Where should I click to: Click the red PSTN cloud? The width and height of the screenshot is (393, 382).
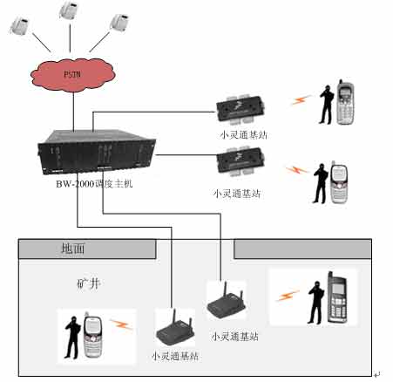[x=72, y=75]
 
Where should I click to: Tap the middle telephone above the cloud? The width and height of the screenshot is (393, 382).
[x=69, y=10]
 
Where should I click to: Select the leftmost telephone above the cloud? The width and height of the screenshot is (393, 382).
[x=20, y=25]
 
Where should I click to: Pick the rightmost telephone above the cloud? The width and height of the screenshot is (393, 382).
[x=120, y=22]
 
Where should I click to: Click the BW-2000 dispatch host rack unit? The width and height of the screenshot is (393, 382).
[x=97, y=152]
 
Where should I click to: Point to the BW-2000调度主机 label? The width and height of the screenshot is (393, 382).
[x=94, y=184]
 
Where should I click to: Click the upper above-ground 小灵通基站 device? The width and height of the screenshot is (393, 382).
[x=241, y=108]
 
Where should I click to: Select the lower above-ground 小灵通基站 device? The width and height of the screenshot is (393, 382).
[x=241, y=161]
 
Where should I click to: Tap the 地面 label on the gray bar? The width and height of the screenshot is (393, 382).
[x=73, y=249]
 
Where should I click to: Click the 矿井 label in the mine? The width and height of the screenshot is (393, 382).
[x=89, y=283]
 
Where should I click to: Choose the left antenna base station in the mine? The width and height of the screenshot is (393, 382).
[x=175, y=330]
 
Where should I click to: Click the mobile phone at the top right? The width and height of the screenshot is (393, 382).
[x=345, y=103]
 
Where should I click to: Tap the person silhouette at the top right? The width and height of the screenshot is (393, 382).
[x=327, y=105]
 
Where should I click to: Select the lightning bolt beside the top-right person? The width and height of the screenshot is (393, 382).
[x=302, y=99]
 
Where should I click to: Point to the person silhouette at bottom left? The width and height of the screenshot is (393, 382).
[x=72, y=338]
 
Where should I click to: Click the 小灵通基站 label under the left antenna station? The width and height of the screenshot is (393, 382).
[x=175, y=356]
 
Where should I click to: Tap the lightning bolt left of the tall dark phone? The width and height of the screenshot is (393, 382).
[x=288, y=296]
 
